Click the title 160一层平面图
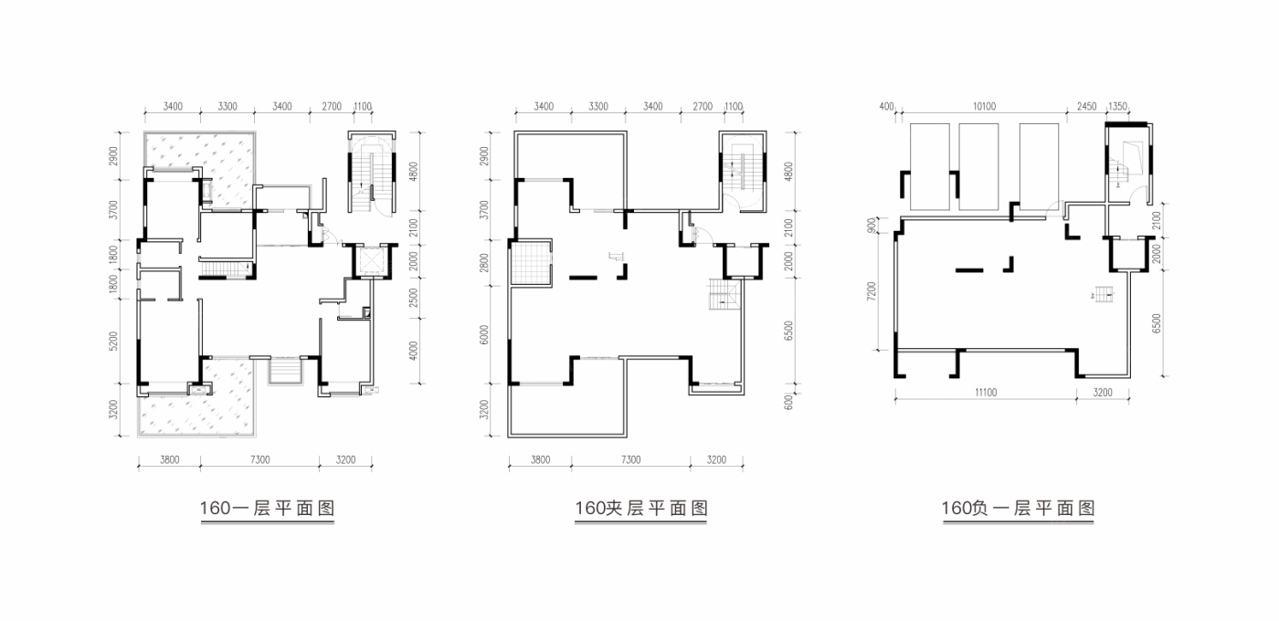(267, 508)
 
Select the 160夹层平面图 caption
(641, 508)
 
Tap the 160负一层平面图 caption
(1018, 508)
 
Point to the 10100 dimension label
(985, 106)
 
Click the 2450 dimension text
(1086, 106)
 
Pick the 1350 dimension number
(1117, 106)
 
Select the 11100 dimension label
(986, 392)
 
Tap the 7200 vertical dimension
(872, 291)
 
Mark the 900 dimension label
(872, 225)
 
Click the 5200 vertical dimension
(113, 341)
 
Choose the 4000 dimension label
(413, 351)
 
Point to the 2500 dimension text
(413, 298)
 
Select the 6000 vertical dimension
(484, 335)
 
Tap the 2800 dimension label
(484, 263)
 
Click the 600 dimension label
(789, 402)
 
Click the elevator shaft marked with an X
(372, 261)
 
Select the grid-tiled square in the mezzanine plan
(531, 263)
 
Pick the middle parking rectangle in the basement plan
(978, 166)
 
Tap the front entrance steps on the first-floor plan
(285, 371)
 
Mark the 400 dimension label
(887, 106)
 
